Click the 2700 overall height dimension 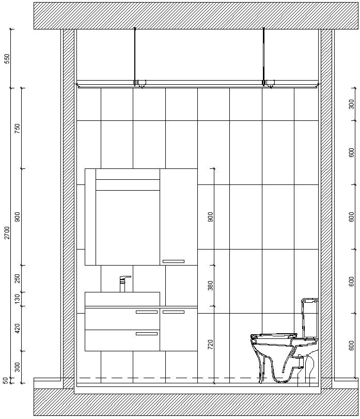click(7, 232)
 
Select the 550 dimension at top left click(7, 58)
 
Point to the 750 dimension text click(18, 129)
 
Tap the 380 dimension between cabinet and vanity click(210, 286)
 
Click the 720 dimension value click(210, 345)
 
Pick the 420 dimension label click(18, 328)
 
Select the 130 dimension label click(18, 299)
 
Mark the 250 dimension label click(18, 279)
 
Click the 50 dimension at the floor click(6, 380)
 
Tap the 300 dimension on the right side click(352, 104)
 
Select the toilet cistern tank click(309, 318)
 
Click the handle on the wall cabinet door click(173, 261)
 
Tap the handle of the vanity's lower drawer click(147, 334)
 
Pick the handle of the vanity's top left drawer click(147, 312)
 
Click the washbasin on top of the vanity click(122, 299)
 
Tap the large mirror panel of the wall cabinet click(128, 227)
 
